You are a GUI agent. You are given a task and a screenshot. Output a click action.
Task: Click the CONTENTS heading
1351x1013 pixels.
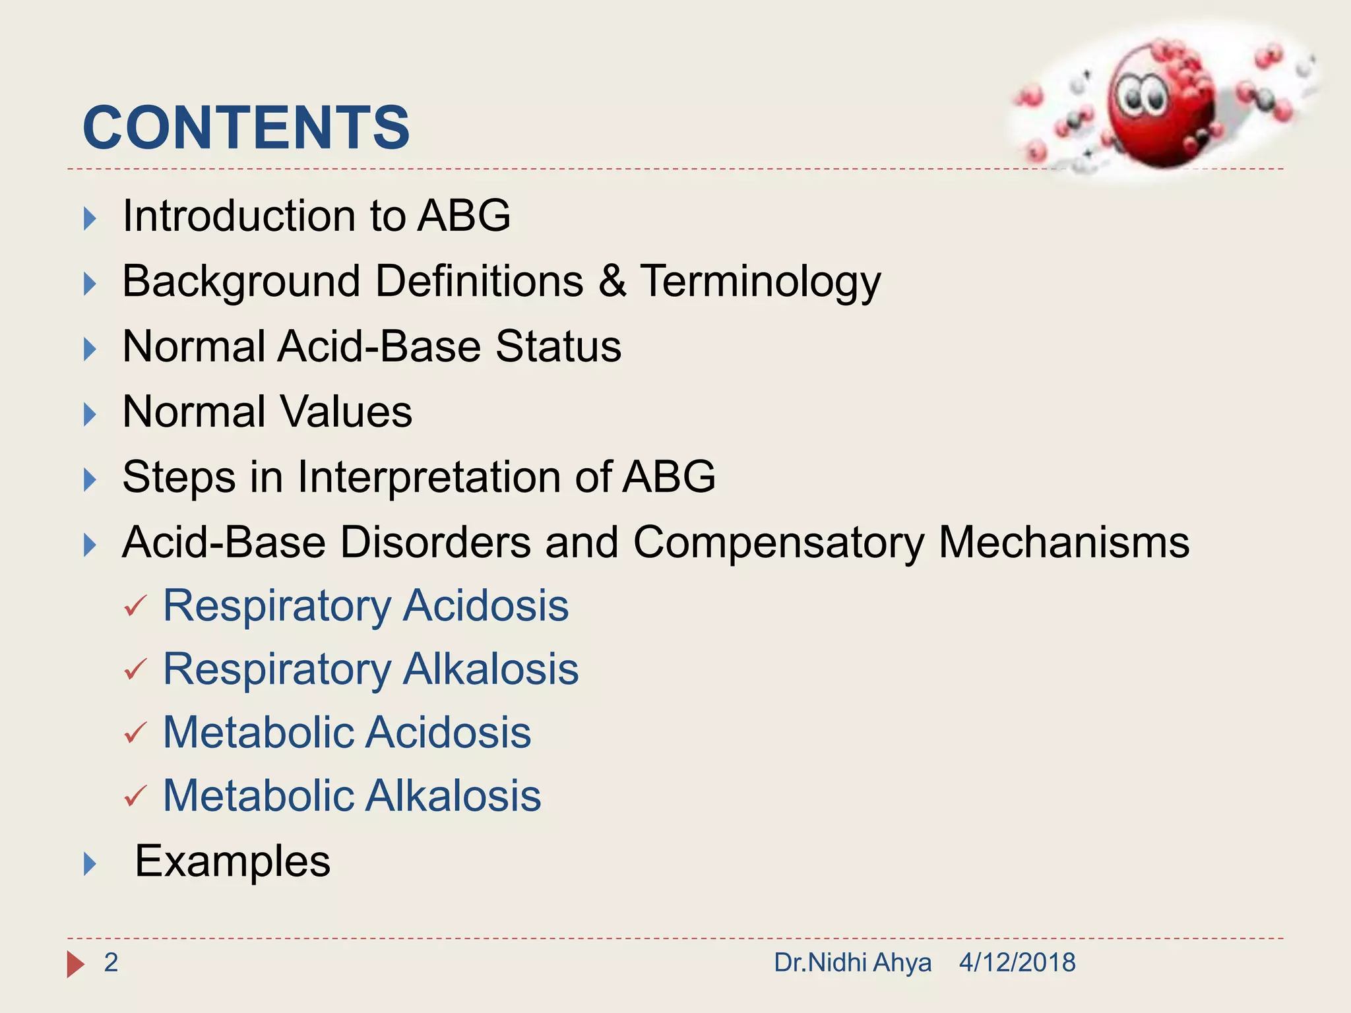pos(246,127)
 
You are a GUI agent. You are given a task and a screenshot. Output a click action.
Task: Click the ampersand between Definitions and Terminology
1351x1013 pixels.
pos(612,281)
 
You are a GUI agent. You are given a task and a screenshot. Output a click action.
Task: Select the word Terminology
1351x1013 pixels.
pos(760,282)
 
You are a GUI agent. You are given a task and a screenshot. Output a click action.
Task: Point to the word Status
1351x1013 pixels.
pos(558,346)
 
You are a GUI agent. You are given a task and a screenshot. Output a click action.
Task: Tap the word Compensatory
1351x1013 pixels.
pos(779,543)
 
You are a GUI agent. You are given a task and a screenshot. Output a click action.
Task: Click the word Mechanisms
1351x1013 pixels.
pos(1063,542)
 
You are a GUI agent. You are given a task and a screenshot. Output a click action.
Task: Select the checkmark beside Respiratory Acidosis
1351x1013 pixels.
pos(135,605)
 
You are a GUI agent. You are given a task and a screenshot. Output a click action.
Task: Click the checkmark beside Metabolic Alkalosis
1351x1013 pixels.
pos(135,796)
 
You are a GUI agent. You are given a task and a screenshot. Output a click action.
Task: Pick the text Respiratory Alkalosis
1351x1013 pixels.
pos(371,669)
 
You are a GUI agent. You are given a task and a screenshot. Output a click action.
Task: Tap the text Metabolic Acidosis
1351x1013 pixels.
pos(347,733)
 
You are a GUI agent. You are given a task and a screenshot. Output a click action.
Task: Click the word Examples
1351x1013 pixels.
pos(232,861)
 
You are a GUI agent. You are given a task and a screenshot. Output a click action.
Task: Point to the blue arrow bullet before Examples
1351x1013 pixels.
pos(90,863)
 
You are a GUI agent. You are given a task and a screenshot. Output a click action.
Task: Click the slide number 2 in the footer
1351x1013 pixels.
pos(111,963)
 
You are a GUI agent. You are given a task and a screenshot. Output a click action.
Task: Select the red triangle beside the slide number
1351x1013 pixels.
pos(75,964)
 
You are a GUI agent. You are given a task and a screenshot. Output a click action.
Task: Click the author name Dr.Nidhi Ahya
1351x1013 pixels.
pos(852,963)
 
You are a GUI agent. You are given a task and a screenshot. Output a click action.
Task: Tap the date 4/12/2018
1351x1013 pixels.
pos(1017,963)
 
